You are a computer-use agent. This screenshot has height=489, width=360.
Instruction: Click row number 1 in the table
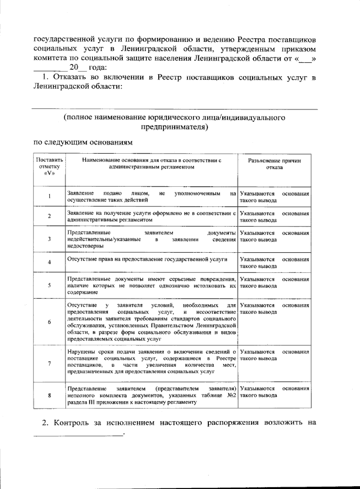click(x=49, y=196)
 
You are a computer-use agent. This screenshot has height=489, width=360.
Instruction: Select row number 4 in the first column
click(x=49, y=262)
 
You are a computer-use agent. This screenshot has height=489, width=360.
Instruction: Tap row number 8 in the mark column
click(x=49, y=395)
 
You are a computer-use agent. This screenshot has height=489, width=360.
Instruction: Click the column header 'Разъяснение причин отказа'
click(x=274, y=164)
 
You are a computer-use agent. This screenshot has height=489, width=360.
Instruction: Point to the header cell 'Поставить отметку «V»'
click(x=49, y=167)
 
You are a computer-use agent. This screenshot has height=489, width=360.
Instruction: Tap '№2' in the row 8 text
click(x=230, y=395)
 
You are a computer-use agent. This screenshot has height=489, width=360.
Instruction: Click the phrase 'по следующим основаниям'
click(x=83, y=142)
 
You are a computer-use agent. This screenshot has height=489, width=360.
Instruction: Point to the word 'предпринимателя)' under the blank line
click(x=174, y=127)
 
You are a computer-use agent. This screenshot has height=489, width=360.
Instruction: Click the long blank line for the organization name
click(x=174, y=109)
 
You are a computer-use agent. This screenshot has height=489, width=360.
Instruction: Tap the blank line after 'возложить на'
click(x=78, y=434)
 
